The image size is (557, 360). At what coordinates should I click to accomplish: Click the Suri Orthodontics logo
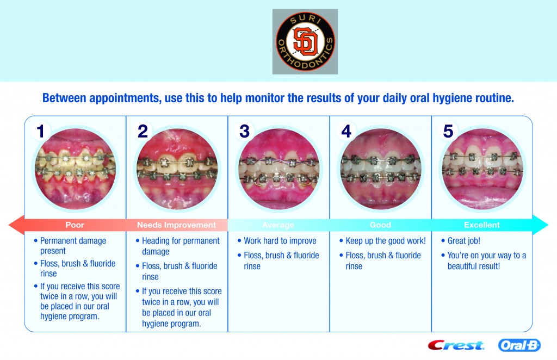pyautogui.click(x=305, y=41)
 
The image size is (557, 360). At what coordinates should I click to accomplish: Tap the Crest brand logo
pyautogui.click(x=456, y=345)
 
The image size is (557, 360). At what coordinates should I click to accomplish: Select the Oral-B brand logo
pyautogui.click(x=519, y=345)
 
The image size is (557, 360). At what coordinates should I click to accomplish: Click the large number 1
pyautogui.click(x=40, y=131)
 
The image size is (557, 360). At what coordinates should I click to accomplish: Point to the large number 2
pyautogui.click(x=143, y=131)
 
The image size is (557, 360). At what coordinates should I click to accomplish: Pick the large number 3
pyautogui.click(x=244, y=131)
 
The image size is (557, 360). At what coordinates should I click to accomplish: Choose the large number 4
pyautogui.click(x=346, y=131)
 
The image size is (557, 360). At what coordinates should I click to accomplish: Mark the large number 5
pyautogui.click(x=448, y=131)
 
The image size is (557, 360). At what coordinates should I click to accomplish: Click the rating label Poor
pyautogui.click(x=75, y=225)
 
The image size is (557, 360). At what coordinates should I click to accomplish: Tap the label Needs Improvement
pyautogui.click(x=177, y=225)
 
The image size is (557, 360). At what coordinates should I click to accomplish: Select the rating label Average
pyautogui.click(x=278, y=225)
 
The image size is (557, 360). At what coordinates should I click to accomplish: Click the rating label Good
pyautogui.click(x=380, y=225)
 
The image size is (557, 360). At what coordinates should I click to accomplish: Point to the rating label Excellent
pyautogui.click(x=482, y=225)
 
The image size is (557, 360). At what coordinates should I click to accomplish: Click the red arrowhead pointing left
pyautogui.click(x=16, y=225)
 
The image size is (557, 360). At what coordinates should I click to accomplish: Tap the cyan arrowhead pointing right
pyautogui.click(x=540, y=225)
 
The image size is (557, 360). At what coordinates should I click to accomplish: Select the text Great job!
pyautogui.click(x=463, y=241)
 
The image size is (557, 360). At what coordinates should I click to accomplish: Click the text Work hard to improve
pyautogui.click(x=280, y=241)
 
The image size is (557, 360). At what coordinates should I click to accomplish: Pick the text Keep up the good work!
pyautogui.click(x=386, y=241)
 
